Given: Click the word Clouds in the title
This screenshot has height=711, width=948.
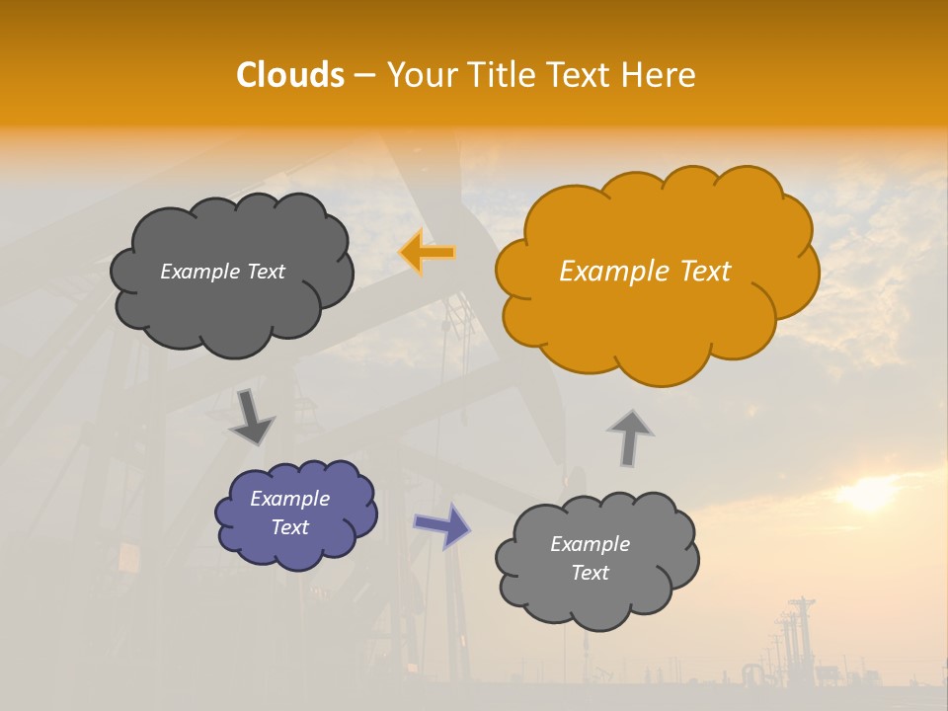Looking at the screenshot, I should (x=290, y=75).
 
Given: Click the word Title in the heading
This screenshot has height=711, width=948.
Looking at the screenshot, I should (x=501, y=75).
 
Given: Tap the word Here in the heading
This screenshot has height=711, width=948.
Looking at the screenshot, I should (x=659, y=75).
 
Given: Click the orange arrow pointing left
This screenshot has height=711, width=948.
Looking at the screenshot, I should (x=427, y=253).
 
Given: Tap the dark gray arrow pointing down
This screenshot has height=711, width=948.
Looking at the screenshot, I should (x=251, y=417).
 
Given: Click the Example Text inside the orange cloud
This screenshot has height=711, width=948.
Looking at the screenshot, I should (x=645, y=272).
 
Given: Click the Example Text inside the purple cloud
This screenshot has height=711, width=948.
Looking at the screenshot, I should (x=289, y=513).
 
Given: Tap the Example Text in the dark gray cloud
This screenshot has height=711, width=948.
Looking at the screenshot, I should (x=222, y=272).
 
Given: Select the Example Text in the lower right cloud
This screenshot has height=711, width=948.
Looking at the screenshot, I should (x=590, y=558).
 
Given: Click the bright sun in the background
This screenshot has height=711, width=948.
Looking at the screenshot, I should (x=869, y=494).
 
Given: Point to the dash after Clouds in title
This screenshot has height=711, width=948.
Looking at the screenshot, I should (x=364, y=76).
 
